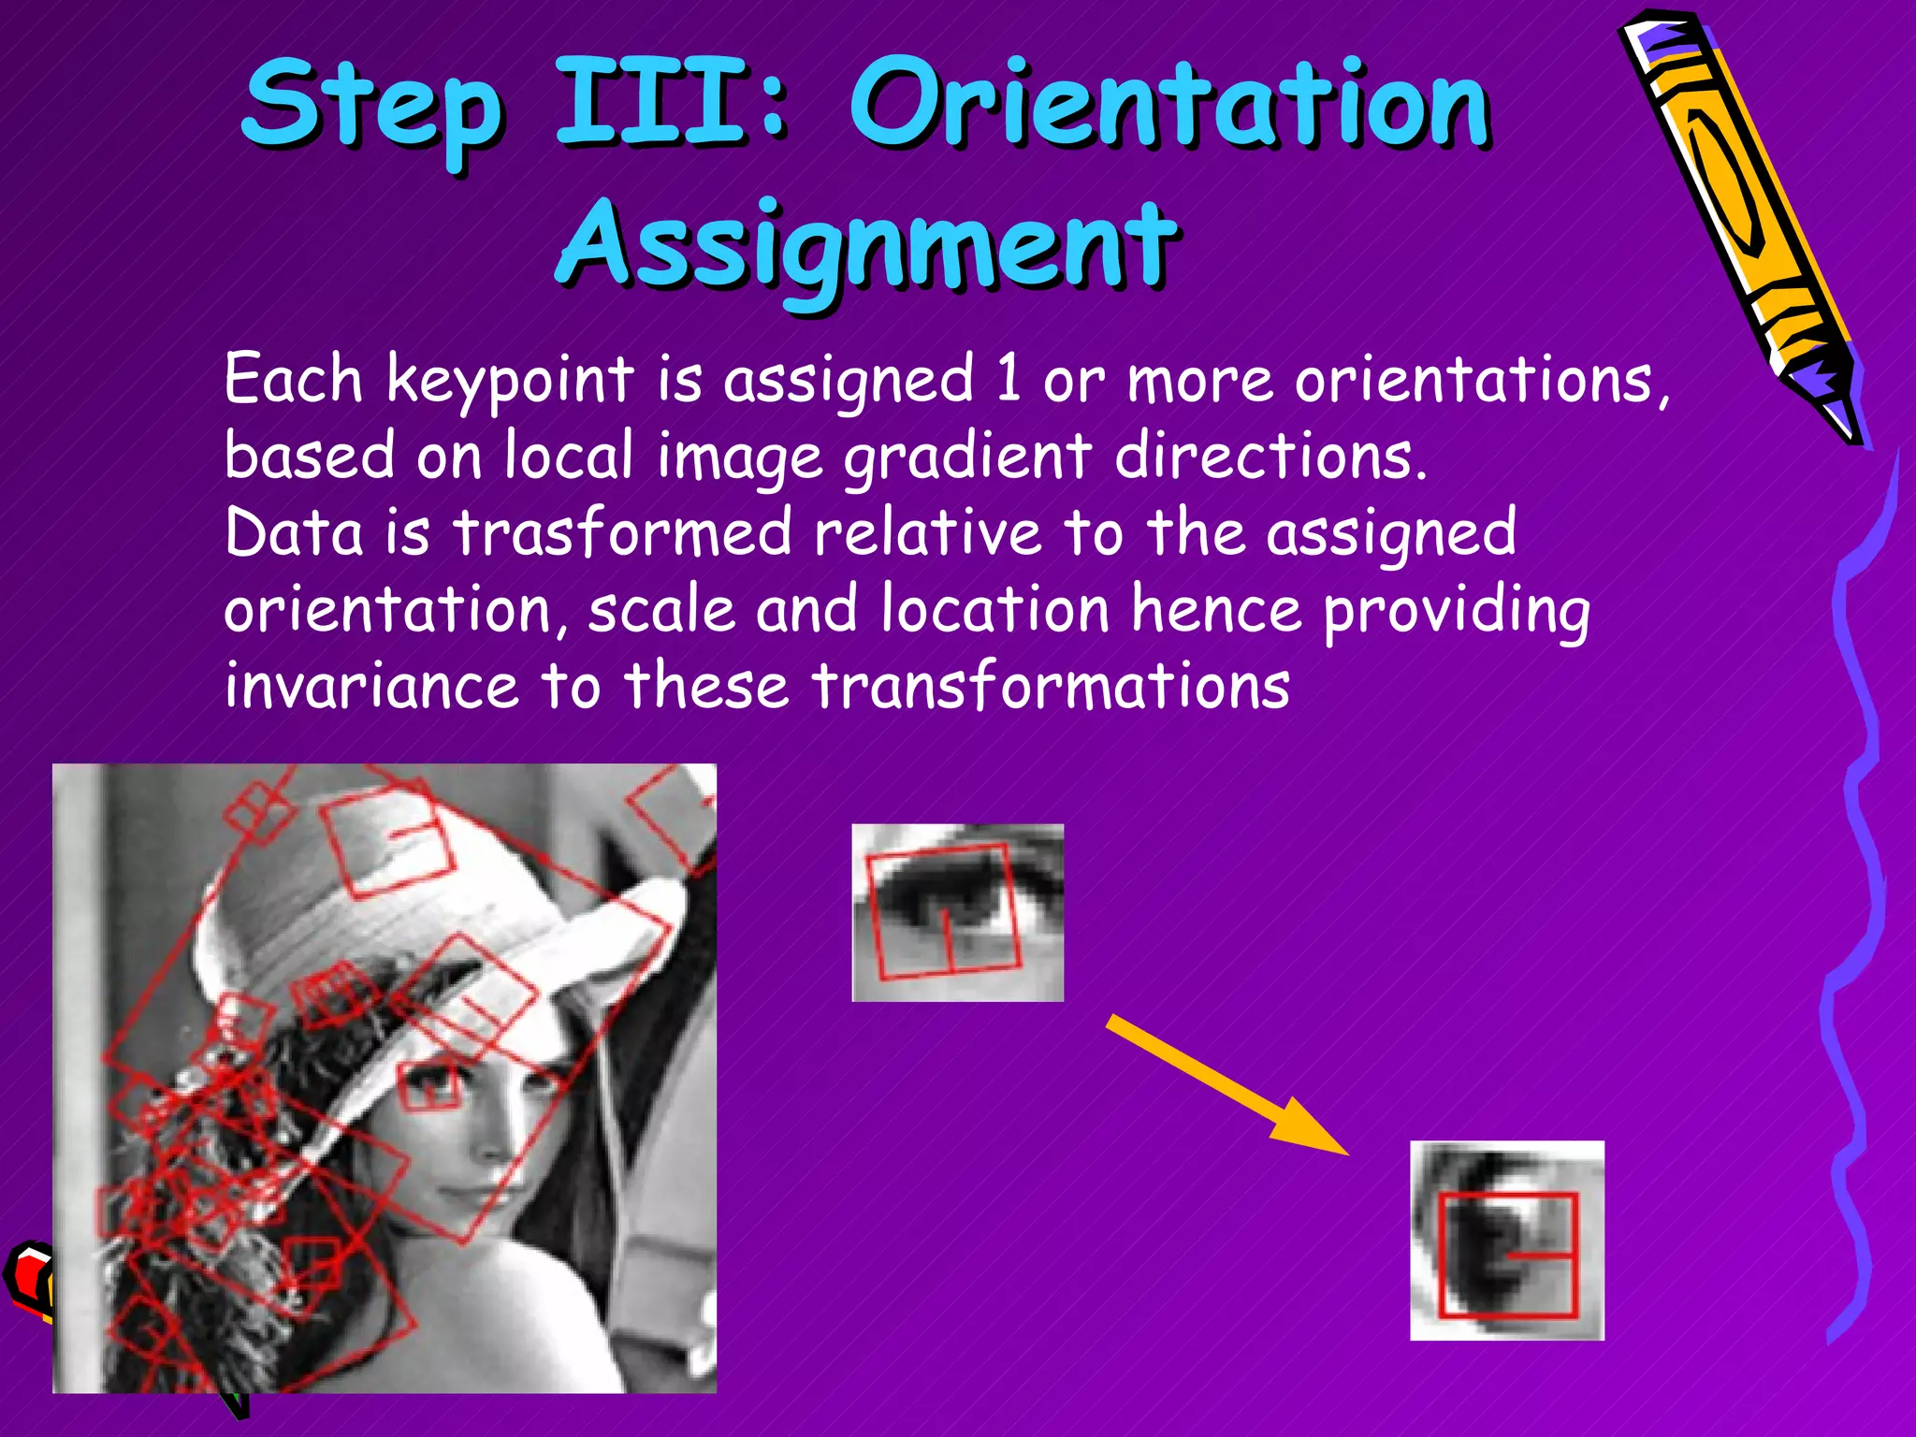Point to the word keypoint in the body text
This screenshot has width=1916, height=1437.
511,382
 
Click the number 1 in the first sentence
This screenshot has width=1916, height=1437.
1008,380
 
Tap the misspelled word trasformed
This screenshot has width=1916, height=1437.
622,533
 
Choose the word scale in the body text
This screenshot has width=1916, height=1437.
661,610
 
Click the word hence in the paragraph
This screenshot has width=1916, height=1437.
1216,610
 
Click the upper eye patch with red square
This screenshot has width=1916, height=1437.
957,912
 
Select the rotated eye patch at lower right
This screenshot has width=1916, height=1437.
1506,1240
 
